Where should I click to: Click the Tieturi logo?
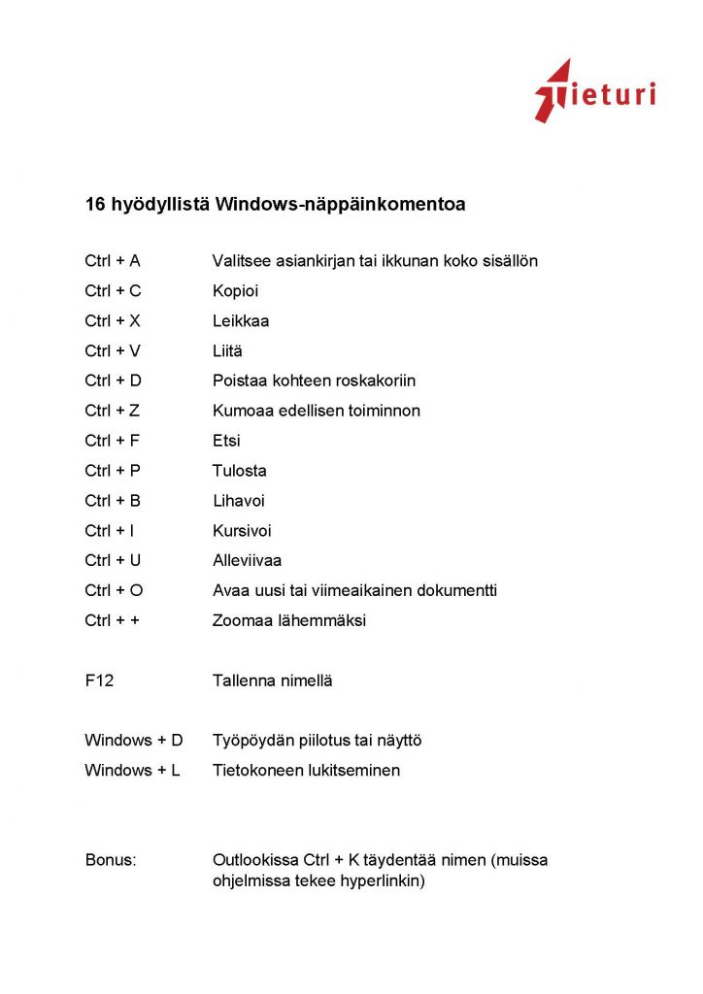tap(594, 92)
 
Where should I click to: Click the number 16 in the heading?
tap(95, 205)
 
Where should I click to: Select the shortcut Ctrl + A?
tap(113, 261)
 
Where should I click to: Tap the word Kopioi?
tap(236, 291)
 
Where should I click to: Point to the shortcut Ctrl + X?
tap(113, 320)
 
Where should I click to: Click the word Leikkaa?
tap(241, 320)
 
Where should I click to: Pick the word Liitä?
tap(228, 350)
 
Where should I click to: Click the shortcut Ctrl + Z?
tap(113, 411)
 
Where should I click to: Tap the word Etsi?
tap(226, 441)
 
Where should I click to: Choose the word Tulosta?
tap(240, 471)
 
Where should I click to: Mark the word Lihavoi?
tap(239, 501)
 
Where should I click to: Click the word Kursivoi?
tap(242, 531)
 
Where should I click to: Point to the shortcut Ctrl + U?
tap(114, 560)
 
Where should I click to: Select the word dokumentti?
tap(454, 590)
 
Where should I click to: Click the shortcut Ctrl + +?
tap(113, 620)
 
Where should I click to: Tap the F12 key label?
tap(99, 680)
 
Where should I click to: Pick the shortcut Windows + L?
tap(132, 771)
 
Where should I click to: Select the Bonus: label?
tap(111, 860)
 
